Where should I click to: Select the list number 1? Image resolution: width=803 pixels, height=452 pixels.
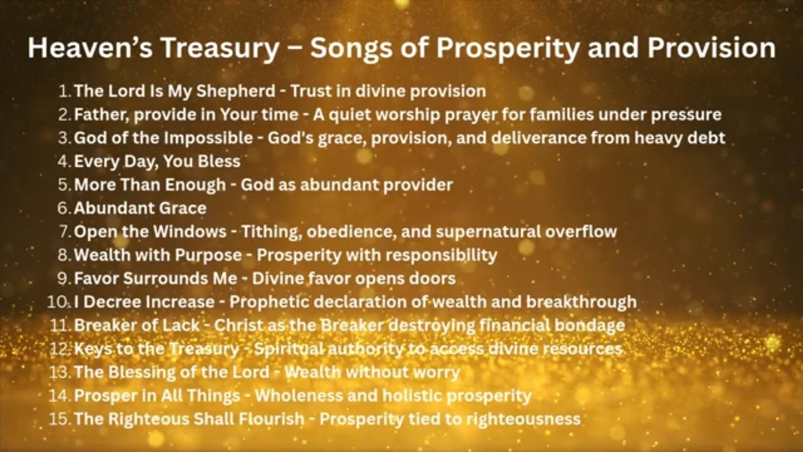[x=64, y=91]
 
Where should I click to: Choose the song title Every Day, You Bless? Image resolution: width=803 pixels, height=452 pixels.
[x=157, y=161]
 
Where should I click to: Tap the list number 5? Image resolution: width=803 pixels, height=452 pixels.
[x=65, y=185]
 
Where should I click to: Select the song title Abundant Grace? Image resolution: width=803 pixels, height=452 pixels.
[x=140, y=208]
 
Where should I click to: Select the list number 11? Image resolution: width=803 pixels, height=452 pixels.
[x=60, y=326]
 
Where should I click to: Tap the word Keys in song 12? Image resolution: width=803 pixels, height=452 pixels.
[x=90, y=349]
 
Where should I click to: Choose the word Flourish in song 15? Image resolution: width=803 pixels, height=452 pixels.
[x=269, y=419]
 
